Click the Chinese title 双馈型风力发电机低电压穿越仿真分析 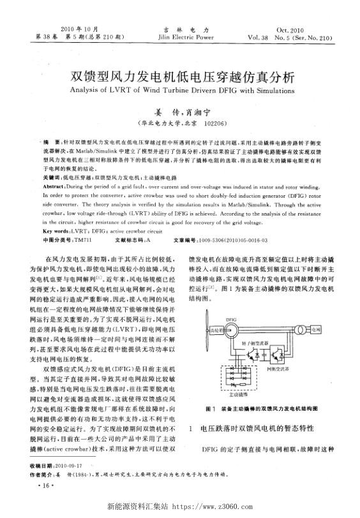[x=179, y=78]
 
